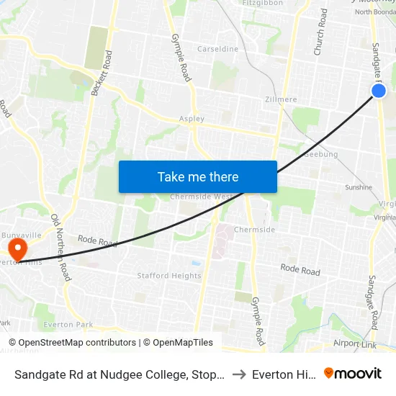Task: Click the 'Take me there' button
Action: tap(198, 176)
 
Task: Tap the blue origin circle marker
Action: tap(379, 91)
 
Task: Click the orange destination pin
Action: tap(16, 250)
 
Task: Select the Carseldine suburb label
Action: tap(218, 50)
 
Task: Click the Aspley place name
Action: tap(192, 119)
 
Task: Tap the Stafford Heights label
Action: tap(169, 276)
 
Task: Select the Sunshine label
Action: tap(358, 187)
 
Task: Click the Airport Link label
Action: tap(354, 344)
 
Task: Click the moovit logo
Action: tap(353, 374)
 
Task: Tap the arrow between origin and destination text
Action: tap(238, 374)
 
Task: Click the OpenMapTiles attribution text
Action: tap(179, 343)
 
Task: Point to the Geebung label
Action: tap(322, 154)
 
